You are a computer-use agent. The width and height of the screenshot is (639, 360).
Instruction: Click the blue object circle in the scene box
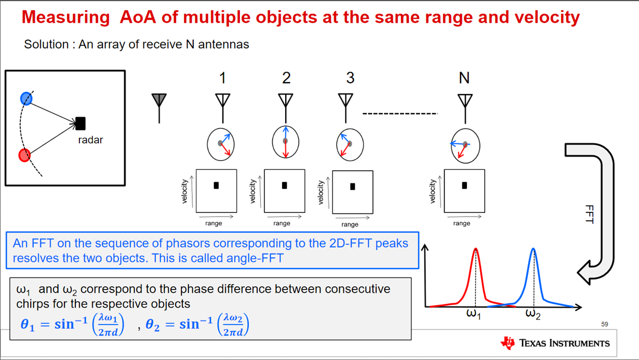26,99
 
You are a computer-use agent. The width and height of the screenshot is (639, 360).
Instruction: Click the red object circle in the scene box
24,155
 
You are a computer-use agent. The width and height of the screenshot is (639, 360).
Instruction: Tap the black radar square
81,124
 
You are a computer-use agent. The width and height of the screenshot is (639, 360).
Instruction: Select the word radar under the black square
90,140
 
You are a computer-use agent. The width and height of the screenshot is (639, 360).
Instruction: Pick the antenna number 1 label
223,77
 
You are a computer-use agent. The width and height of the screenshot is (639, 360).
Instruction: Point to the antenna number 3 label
350,77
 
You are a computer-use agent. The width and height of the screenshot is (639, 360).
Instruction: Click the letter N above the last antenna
464,77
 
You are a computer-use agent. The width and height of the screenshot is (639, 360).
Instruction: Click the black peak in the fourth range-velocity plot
464,185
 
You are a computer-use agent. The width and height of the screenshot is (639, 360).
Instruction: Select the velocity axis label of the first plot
184,191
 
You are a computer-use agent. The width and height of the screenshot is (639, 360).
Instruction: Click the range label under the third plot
350,224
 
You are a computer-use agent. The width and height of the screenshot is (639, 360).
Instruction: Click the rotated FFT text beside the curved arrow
590,214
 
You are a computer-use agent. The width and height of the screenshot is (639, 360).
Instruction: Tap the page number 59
605,324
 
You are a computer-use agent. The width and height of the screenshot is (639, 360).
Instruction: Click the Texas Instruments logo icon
508,343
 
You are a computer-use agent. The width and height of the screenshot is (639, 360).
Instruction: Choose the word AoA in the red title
138,17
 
